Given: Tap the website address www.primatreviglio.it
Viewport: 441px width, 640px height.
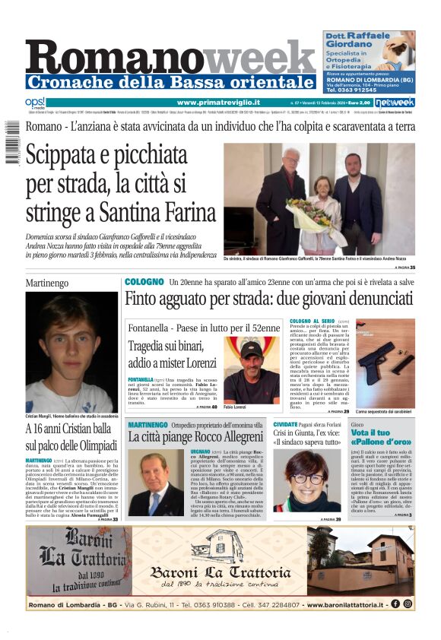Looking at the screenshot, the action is pyautogui.click(x=218, y=102).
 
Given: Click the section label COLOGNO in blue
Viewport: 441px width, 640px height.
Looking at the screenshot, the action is pyautogui.click(x=144, y=282).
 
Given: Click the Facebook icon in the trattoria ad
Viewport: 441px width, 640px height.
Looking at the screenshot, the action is pyautogui.click(x=395, y=604).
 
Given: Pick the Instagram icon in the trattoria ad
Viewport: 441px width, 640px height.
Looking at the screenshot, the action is pyautogui.click(x=408, y=604).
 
